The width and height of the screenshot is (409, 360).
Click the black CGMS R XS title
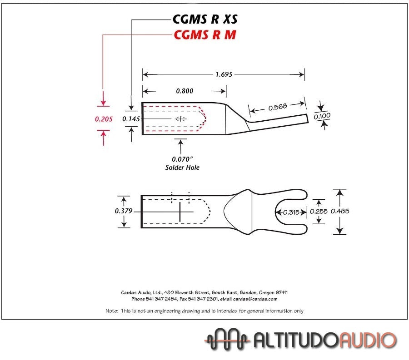[205, 19]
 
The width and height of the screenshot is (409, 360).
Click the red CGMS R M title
[205, 35]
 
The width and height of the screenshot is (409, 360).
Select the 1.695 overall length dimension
[224, 74]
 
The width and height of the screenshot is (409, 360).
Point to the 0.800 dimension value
[185, 91]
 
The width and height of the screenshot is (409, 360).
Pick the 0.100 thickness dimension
[322, 116]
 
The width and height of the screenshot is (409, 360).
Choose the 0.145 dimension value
[131, 118]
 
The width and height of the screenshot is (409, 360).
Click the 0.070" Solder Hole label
[182, 163]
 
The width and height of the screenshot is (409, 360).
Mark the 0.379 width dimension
[123, 211]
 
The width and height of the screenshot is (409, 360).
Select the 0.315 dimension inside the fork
[291, 212]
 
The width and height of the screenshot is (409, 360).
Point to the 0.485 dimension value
[340, 211]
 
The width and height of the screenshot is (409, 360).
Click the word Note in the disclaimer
[112, 311]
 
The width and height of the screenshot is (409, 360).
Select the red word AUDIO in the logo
[368, 340]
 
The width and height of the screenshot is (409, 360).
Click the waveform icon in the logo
[227, 339]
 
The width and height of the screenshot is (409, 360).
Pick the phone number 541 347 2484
[163, 299]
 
